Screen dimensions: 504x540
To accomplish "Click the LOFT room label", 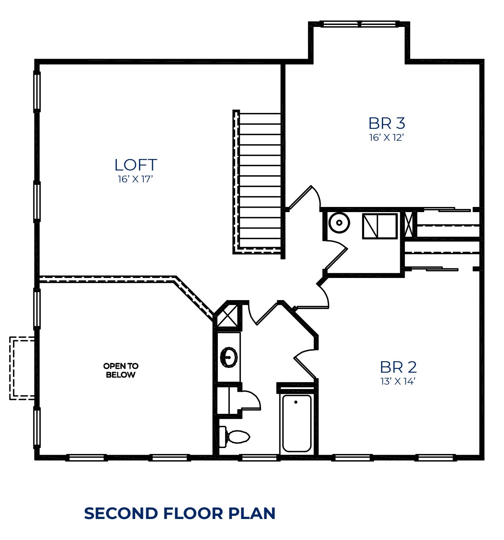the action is coord(136,165).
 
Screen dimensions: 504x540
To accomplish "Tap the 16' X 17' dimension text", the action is coord(136,179).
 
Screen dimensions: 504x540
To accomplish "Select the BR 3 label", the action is coord(387,123).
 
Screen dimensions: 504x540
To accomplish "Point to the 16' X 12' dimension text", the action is coord(386,138).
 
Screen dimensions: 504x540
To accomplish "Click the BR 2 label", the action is coord(398,368).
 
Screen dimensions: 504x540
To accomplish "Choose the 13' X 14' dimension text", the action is coord(398,381).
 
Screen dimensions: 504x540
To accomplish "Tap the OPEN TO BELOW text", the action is coord(121,370).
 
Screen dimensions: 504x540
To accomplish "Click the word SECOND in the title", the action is coord(121,513).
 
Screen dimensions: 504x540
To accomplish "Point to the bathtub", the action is coord(297,424).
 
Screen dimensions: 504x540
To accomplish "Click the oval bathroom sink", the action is coord(229,357).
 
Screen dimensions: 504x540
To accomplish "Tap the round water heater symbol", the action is coord(339,223).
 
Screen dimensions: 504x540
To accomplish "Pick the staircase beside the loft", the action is coord(257,182).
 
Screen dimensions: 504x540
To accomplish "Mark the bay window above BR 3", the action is coord(359,24).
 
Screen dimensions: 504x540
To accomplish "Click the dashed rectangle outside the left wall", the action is coord(22,368).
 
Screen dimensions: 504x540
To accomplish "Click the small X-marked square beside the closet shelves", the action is coord(409,224).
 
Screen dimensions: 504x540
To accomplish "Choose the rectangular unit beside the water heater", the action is coord(380,226).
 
